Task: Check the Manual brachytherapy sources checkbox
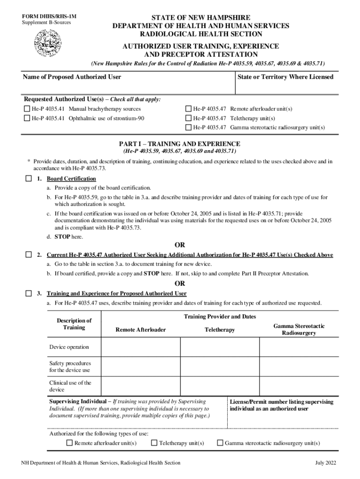pos(27,109)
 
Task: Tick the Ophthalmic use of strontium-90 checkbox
pos(27,118)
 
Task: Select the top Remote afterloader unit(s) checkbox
pos(188,109)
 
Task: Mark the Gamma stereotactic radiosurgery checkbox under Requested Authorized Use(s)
pos(188,127)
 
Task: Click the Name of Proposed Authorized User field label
pos(72,77)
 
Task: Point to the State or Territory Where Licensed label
pos(285,77)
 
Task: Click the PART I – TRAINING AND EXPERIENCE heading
pos(180,144)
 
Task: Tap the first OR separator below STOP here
pos(180,245)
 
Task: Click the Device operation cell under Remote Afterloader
pos(141,347)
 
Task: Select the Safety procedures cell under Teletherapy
pos(220,366)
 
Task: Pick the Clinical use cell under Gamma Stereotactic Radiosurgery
pos(298,386)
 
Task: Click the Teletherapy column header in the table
pos(220,330)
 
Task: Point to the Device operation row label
pos(69,347)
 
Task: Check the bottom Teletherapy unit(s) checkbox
pos(154,443)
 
